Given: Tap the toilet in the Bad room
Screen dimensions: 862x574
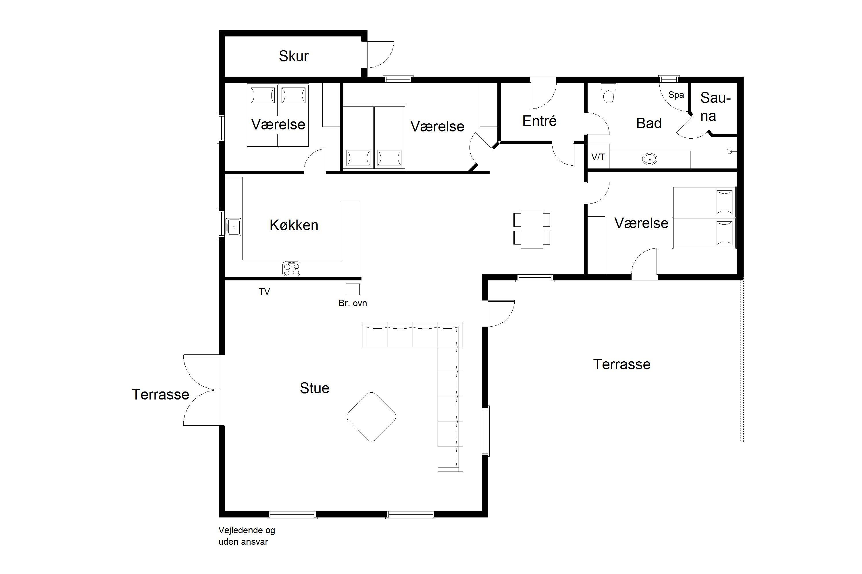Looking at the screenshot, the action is [x=608, y=93].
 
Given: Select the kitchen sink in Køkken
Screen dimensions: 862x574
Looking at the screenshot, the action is [x=233, y=227].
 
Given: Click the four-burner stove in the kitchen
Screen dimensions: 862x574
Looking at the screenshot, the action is [x=291, y=268].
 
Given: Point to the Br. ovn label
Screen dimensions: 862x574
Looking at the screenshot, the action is [x=353, y=303].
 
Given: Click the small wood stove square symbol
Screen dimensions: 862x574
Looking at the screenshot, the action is [x=353, y=289].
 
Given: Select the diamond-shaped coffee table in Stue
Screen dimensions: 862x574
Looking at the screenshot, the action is [x=371, y=417].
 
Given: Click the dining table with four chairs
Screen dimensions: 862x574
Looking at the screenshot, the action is [x=532, y=229].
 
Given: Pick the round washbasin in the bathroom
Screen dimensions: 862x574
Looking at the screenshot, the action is [x=649, y=159].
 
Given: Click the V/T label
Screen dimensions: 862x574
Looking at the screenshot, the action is [x=598, y=157].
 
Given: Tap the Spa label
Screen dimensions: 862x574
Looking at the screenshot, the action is [x=676, y=95].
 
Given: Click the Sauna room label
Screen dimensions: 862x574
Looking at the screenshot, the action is [x=715, y=106].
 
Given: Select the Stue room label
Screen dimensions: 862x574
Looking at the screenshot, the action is [x=314, y=388].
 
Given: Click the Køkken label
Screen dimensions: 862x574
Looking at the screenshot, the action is [x=294, y=225].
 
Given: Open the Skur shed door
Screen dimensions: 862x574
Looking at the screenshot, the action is [x=380, y=55].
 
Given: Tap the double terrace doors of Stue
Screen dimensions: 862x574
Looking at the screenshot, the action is [x=201, y=390].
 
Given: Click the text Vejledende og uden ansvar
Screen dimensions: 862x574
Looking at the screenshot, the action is [x=247, y=536].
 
